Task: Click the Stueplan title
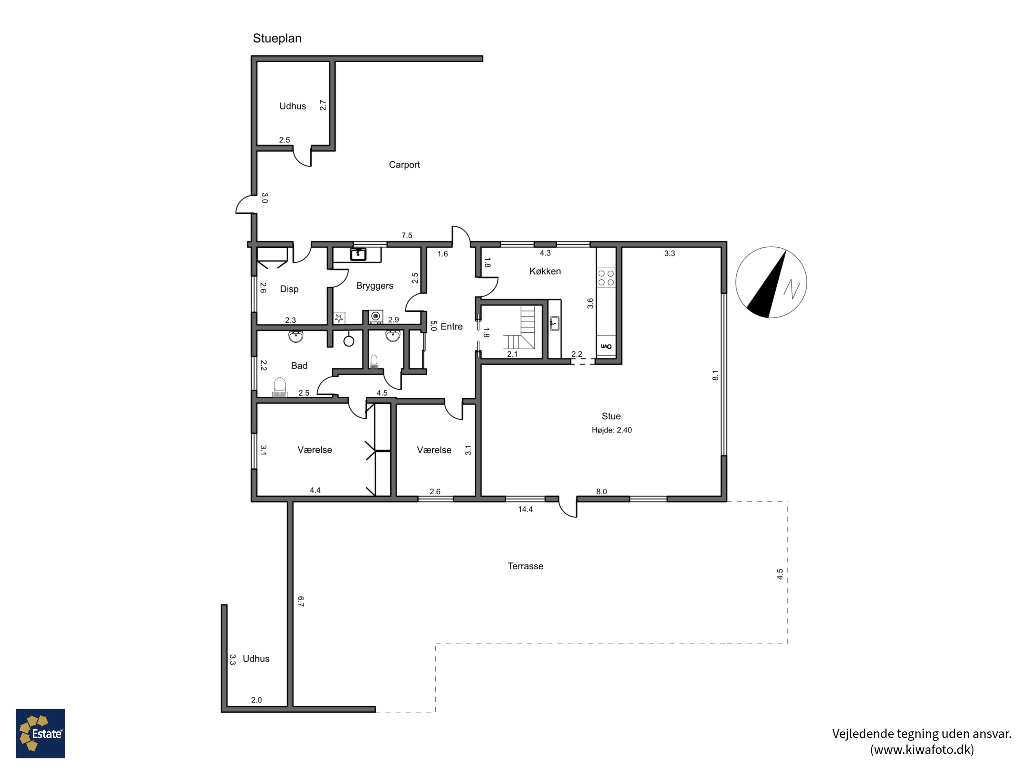(277, 38)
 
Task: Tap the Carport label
(404, 165)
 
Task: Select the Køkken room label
(545, 271)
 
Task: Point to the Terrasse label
(525, 566)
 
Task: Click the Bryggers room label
(374, 286)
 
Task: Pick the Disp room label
(289, 289)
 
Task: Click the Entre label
(451, 326)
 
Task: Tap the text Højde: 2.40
(611, 430)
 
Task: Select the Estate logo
(41, 733)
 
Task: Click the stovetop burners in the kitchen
(606, 278)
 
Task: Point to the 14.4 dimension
(525, 509)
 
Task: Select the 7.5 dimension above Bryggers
(407, 236)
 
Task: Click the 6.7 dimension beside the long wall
(301, 601)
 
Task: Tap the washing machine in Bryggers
(376, 317)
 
